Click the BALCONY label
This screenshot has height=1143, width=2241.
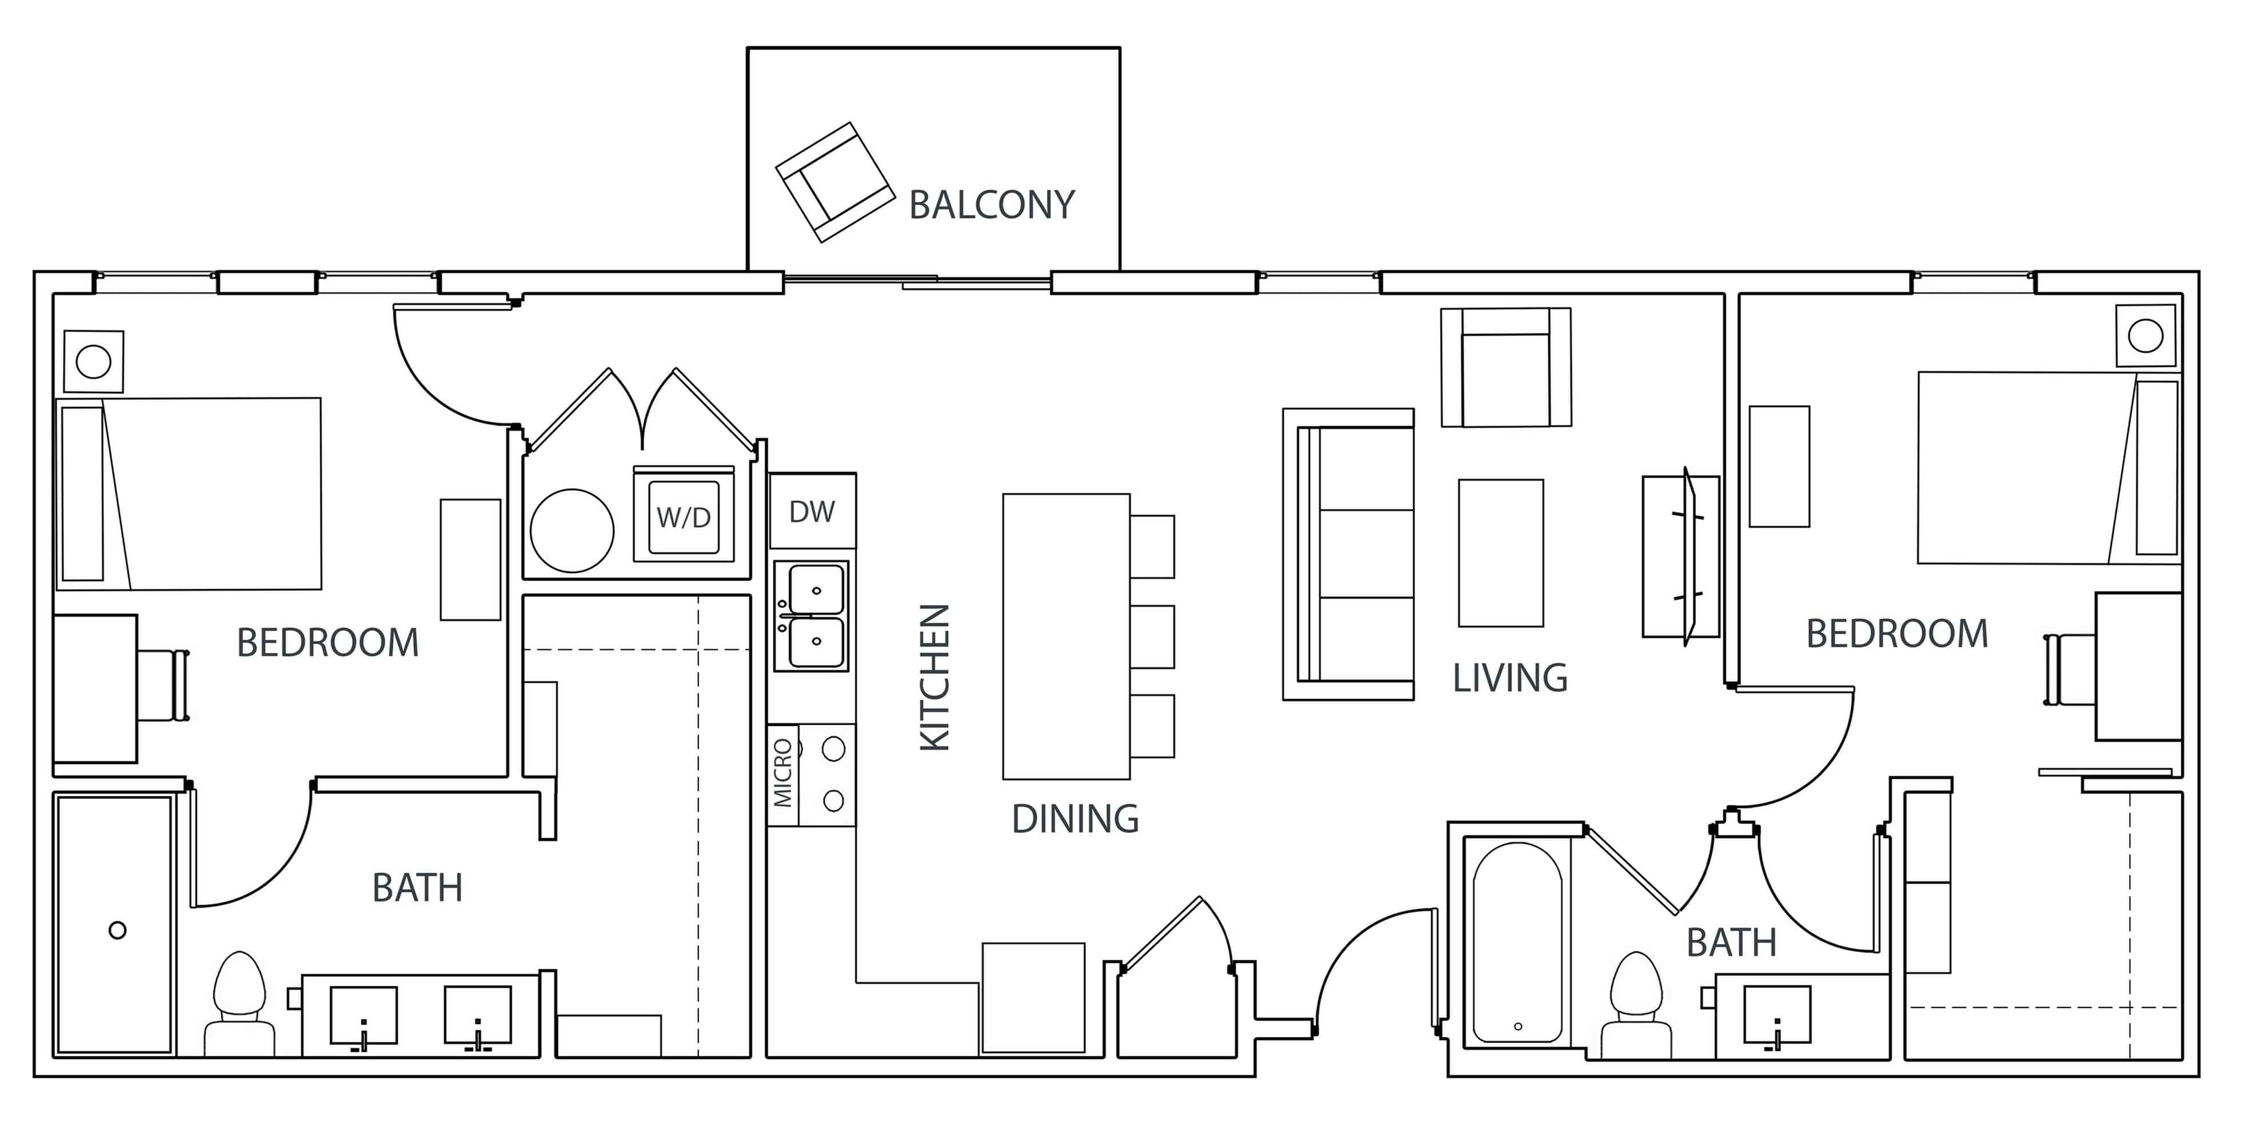(991, 205)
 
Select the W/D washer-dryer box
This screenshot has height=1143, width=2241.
(684, 517)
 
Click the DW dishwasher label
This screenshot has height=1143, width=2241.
(811, 511)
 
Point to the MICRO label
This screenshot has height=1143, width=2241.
(783, 773)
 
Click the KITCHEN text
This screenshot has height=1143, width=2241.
(935, 678)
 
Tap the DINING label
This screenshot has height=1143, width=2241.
(1074, 818)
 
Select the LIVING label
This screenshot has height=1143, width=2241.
(1509, 678)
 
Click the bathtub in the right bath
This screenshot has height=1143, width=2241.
(1517, 941)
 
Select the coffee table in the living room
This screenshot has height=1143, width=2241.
(1501, 553)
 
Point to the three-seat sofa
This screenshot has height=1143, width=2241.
(1348, 554)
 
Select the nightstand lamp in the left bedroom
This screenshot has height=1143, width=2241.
(93, 361)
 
